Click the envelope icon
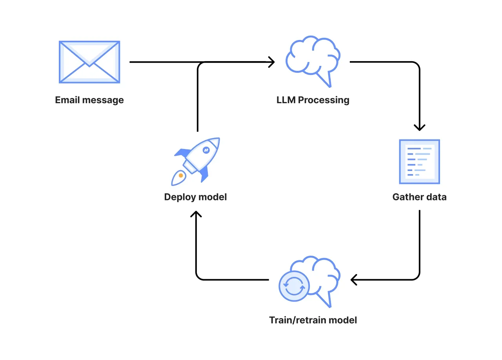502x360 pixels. point(89,62)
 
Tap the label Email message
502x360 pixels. point(89,100)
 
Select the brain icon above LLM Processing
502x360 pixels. point(313,57)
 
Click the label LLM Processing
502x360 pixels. point(313,100)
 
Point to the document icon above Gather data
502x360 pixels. point(419,162)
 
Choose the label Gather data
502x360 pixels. point(419,197)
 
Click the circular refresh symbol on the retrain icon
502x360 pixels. point(294,286)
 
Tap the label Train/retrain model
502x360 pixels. point(313,320)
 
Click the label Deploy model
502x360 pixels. point(195,197)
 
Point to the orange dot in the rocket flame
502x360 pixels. point(181,175)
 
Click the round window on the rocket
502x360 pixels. point(206,150)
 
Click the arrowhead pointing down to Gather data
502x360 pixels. point(420,127)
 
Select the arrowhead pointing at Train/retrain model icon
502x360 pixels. point(354,280)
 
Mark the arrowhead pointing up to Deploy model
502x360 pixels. point(196,214)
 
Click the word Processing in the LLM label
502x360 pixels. point(324,100)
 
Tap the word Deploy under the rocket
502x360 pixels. point(179,197)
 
